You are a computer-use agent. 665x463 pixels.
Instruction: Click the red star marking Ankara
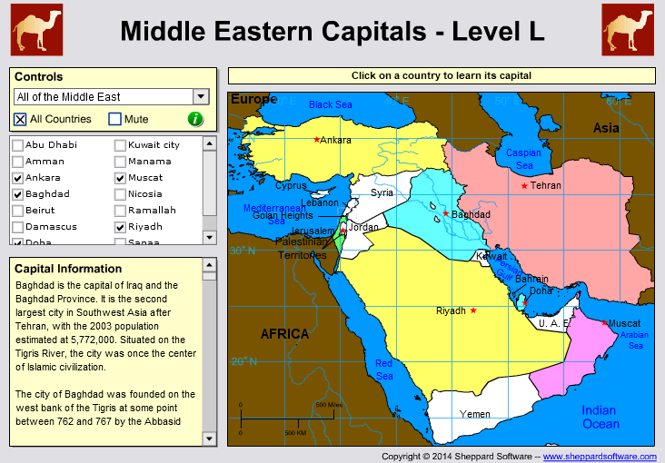tap(316, 140)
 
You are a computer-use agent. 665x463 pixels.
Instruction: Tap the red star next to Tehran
tap(524, 186)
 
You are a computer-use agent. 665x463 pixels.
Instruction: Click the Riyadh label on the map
tap(451, 310)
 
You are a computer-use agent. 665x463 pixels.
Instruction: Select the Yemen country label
tap(475, 414)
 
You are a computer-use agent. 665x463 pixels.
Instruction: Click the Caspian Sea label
tap(523, 159)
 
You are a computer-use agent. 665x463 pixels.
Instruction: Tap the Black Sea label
tap(330, 104)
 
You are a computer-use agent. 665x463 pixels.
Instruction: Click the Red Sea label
tap(384, 369)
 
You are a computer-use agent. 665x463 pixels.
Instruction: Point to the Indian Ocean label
tap(600, 417)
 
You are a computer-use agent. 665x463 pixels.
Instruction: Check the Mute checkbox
tap(114, 119)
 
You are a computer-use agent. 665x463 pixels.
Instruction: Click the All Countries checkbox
tap(20, 119)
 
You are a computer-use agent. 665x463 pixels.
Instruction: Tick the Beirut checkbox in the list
tap(17, 211)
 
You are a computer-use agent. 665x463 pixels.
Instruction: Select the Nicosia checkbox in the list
tap(120, 194)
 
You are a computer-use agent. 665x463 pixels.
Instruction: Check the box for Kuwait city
tap(120, 145)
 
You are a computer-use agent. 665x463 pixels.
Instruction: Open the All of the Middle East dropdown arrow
tap(201, 97)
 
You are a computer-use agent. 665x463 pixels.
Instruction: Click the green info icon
tap(195, 119)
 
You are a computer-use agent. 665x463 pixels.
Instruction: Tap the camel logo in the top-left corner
tap(37, 29)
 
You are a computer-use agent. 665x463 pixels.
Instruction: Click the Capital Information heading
tap(68, 269)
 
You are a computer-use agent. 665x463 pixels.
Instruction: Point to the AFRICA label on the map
tap(285, 334)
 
